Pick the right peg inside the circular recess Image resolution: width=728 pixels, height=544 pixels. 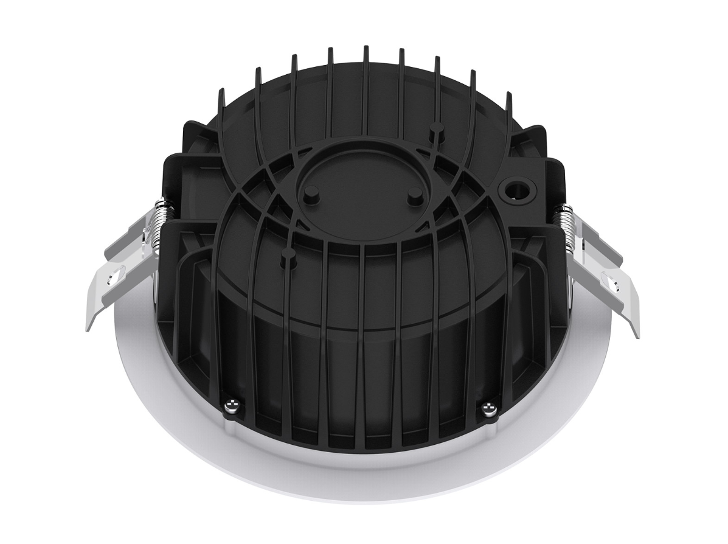[415, 194]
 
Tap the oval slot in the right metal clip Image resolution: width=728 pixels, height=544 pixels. [610, 281]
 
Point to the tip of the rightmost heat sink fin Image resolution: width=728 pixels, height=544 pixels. [508, 96]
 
